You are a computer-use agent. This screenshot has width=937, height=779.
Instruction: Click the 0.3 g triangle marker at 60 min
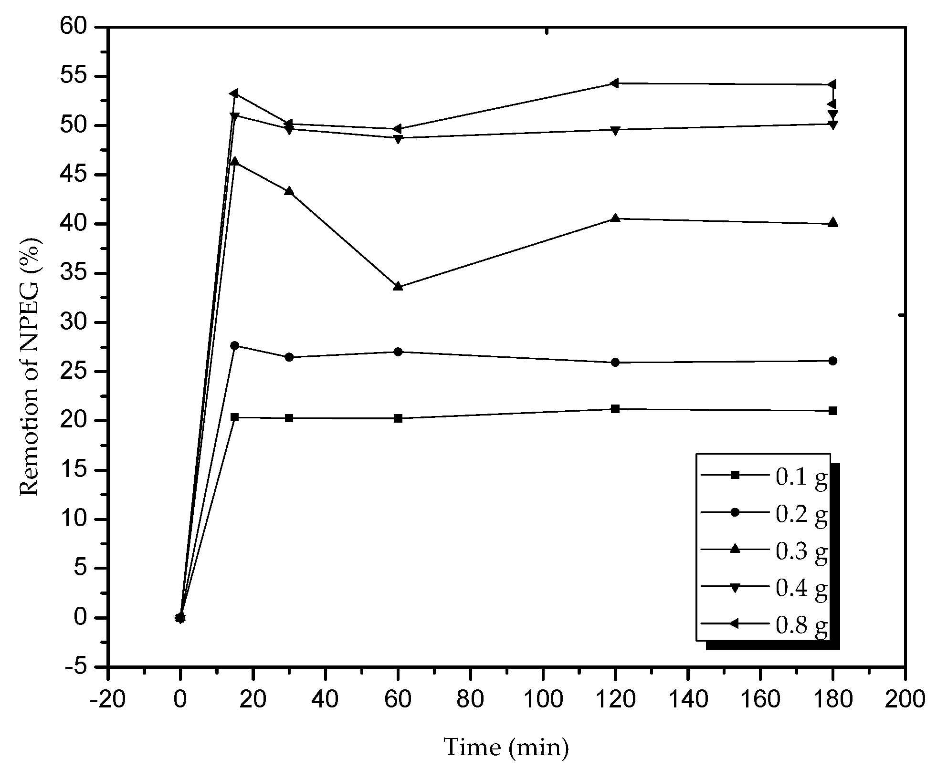[x=398, y=286]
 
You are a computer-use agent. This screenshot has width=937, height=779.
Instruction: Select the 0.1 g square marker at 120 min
[x=615, y=409]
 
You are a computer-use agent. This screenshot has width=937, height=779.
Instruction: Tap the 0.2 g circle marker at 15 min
[x=234, y=345]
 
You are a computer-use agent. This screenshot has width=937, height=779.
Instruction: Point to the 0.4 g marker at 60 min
[x=398, y=139]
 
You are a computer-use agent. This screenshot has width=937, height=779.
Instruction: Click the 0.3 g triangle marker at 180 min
[x=833, y=223]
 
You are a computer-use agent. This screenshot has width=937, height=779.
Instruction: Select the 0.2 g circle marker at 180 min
[x=833, y=361]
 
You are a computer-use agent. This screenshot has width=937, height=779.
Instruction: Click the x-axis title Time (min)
[x=506, y=747]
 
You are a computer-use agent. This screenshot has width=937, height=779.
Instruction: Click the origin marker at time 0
[x=180, y=618]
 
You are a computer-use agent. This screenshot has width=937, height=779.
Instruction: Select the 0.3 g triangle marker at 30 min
[x=289, y=191]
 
